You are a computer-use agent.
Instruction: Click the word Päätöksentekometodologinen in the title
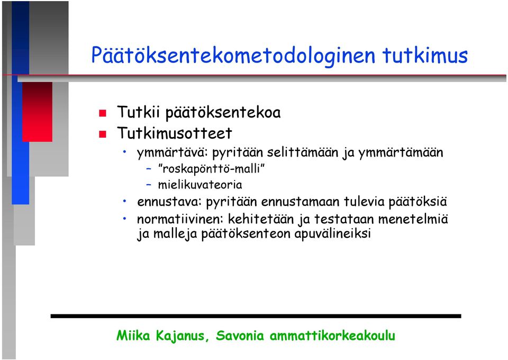point(233,55)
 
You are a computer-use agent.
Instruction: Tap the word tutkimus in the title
point(425,55)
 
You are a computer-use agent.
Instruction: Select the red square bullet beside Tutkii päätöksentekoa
point(103,113)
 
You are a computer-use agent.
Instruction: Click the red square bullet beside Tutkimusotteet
point(103,134)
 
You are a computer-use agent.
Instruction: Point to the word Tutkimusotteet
point(175,133)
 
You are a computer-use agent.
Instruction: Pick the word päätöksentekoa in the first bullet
point(223,113)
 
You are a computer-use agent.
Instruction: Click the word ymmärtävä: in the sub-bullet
point(173,152)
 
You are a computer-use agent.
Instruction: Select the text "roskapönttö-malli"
point(211,169)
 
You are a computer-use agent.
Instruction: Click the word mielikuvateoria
point(200,185)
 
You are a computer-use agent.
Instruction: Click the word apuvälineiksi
point(332,233)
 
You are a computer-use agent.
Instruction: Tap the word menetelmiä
point(413,219)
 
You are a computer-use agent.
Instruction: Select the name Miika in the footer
point(133,335)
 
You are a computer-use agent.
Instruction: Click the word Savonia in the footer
point(240,335)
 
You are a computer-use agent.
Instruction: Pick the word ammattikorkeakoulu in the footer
point(332,335)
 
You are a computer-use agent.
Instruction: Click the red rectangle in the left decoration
point(37,112)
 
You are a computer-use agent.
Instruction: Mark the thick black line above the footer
point(256,316)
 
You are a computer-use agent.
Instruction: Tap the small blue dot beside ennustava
point(125,201)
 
